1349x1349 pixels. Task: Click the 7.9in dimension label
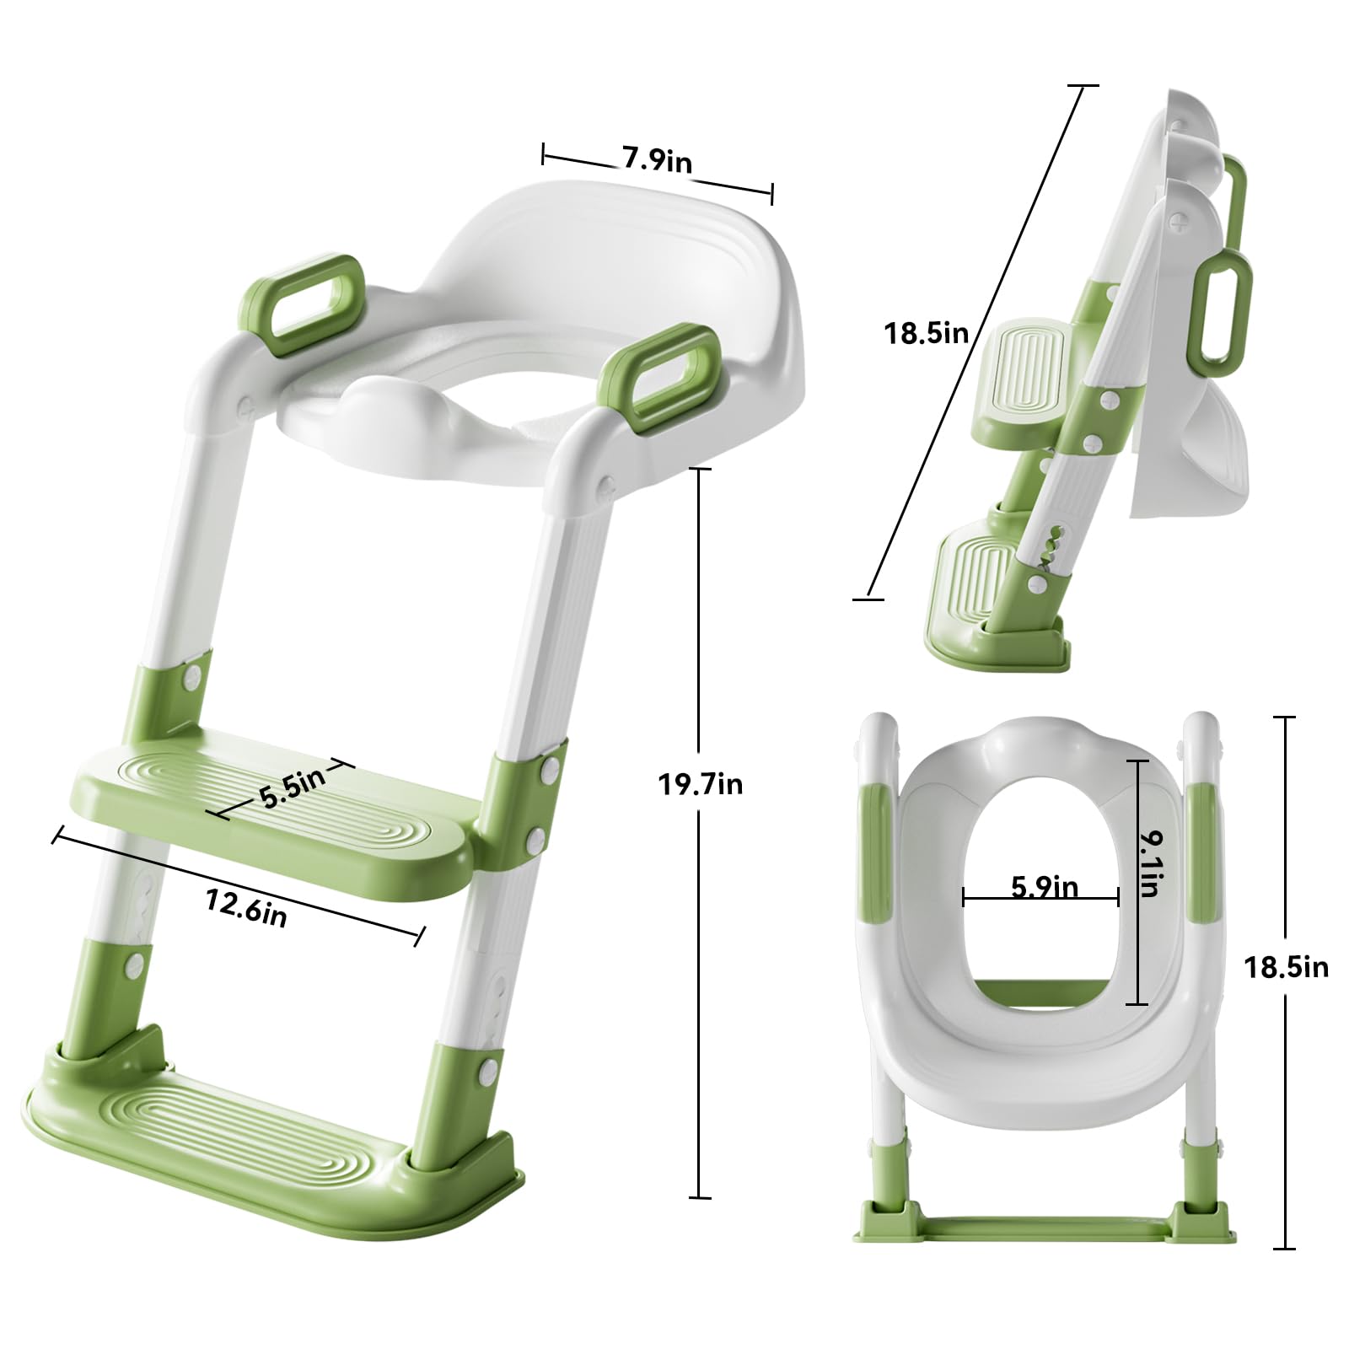[657, 159]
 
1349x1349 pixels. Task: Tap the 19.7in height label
[701, 785]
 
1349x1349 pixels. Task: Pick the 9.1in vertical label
[1149, 864]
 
